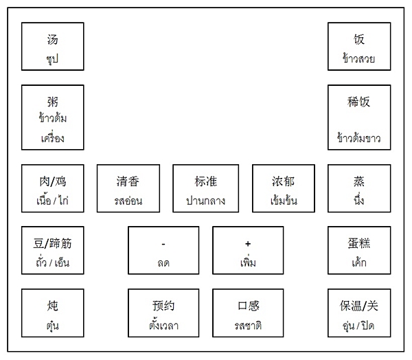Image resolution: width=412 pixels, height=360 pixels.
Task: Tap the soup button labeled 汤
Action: click(x=53, y=47)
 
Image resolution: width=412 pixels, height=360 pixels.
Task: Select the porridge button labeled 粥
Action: click(x=53, y=117)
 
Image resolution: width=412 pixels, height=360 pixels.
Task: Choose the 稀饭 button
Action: click(x=359, y=117)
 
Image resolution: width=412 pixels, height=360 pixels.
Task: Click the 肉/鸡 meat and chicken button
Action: click(x=53, y=188)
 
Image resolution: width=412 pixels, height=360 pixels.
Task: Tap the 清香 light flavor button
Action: click(x=128, y=188)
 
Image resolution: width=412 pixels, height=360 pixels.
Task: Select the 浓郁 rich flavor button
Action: click(x=283, y=188)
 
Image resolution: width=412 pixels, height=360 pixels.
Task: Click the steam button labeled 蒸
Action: click(x=359, y=188)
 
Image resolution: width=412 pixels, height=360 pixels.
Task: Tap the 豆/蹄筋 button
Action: click(x=53, y=250)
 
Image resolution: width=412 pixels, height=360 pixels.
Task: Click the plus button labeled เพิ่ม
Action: click(x=248, y=250)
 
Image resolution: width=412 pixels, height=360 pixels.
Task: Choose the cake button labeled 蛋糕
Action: click(x=359, y=250)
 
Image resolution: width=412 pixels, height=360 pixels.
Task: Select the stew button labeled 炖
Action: click(x=53, y=313)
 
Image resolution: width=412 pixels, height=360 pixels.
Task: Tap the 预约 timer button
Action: click(x=163, y=313)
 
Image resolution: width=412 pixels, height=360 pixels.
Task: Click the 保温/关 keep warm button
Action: click(x=359, y=313)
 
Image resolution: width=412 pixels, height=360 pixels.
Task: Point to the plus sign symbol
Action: click(x=248, y=244)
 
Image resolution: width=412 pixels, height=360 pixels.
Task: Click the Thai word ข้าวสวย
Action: click(x=358, y=58)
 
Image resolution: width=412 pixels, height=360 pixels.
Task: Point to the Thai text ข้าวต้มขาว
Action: click(x=358, y=138)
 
